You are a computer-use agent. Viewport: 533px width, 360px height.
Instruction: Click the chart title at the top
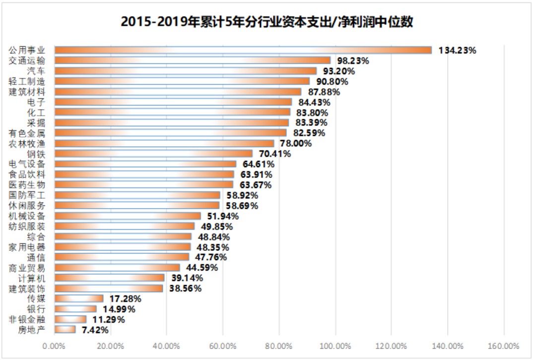pyautogui.click(x=266, y=22)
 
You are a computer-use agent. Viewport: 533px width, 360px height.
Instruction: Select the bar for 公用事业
pyautogui.click(x=243, y=50)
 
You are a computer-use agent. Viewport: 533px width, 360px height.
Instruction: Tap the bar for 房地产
pyautogui.click(x=65, y=329)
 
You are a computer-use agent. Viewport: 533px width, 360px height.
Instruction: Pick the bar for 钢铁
pyautogui.click(x=153, y=154)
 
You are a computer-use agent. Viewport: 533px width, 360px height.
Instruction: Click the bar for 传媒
pyautogui.click(x=79, y=299)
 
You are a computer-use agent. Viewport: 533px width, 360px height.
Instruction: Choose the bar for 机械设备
pyautogui.click(x=128, y=216)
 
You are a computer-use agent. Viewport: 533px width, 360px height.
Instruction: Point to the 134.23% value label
pyautogui.click(x=457, y=50)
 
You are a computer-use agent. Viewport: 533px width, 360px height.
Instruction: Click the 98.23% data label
pyautogui.click(x=353, y=60)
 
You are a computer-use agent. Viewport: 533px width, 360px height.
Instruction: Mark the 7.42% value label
pyautogui.click(x=94, y=329)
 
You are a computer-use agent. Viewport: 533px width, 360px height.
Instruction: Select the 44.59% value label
pyautogui.click(x=201, y=268)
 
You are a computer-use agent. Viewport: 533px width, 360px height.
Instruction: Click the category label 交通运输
pyautogui.click(x=27, y=60)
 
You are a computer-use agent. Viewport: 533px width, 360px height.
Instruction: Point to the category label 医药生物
pyautogui.click(x=27, y=185)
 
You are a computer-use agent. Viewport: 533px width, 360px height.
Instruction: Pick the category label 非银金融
pyautogui.click(x=27, y=319)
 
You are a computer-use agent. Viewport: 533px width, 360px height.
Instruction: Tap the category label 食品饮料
pyautogui.click(x=27, y=175)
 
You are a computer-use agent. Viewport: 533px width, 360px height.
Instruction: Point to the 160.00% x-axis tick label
pyautogui.click(x=504, y=346)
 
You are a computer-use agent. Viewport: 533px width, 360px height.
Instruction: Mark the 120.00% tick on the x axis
pyautogui.click(x=391, y=346)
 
